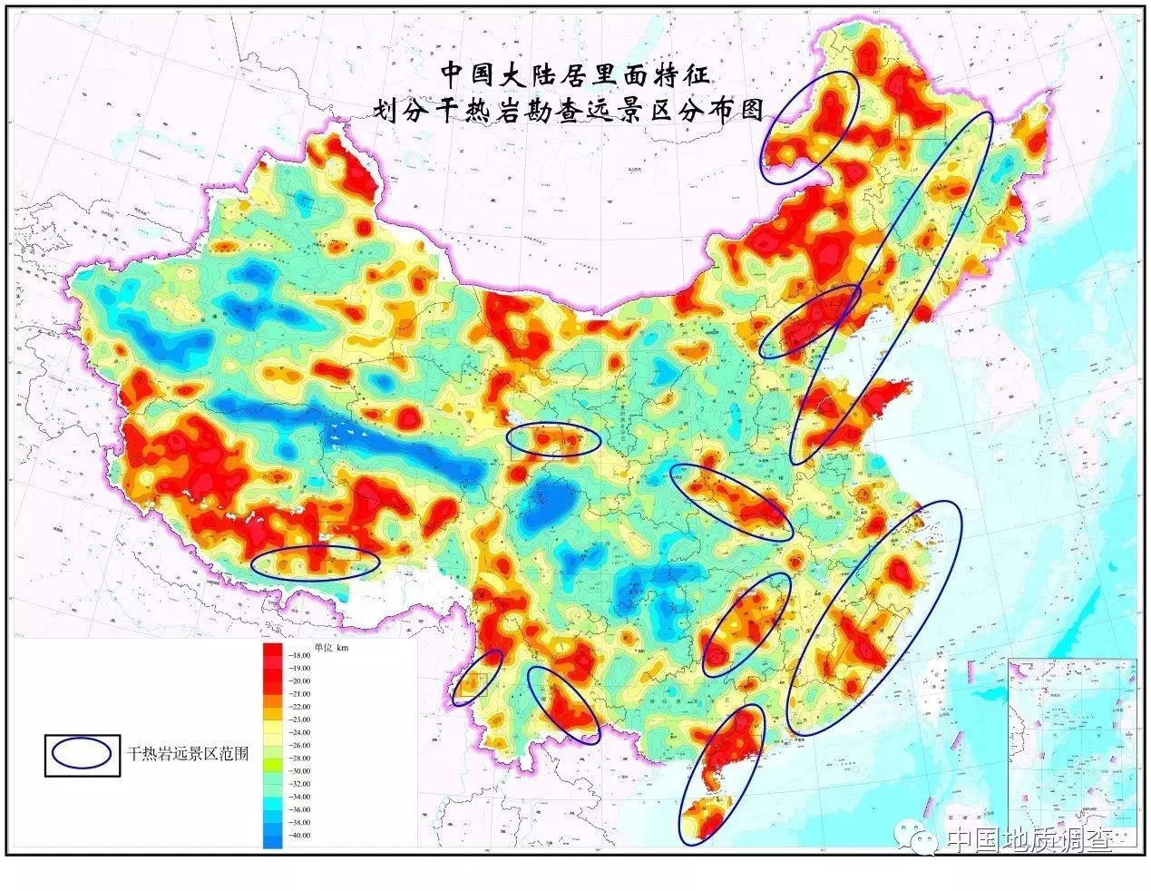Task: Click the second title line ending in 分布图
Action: pyautogui.click(x=570, y=111)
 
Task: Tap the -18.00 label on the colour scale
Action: pyautogui.click(x=299, y=655)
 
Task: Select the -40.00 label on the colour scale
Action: pyautogui.click(x=299, y=835)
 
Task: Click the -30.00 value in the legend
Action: pyautogui.click(x=299, y=770)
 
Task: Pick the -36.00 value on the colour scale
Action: pyautogui.click(x=299, y=809)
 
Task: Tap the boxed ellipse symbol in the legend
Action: pyautogui.click(x=83, y=753)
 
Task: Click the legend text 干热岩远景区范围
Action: pyautogui.click(x=188, y=753)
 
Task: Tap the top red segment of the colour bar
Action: pyautogui.click(x=272, y=651)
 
